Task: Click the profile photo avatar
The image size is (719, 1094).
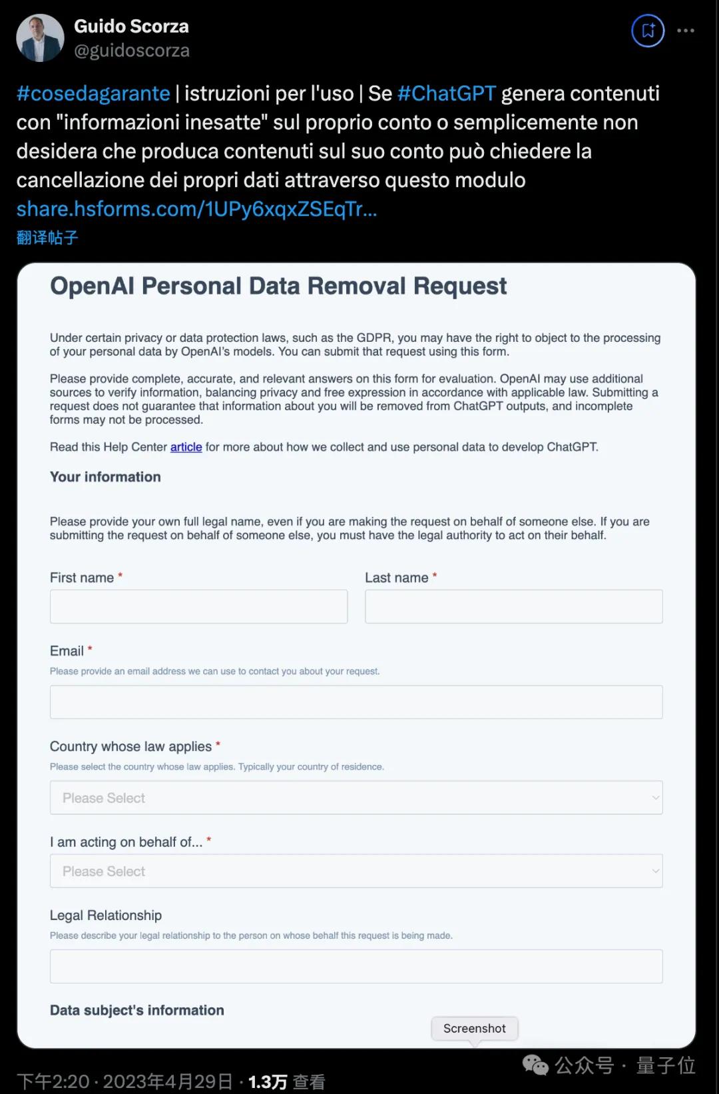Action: click(40, 39)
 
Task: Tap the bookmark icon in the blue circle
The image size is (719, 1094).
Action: click(648, 31)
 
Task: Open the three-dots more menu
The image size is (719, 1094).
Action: click(686, 31)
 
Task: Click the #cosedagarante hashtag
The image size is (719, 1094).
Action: click(93, 93)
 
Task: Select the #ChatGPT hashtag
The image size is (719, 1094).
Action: click(447, 93)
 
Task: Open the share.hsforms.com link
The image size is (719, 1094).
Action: click(196, 209)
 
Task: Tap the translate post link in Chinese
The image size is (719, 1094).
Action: click(47, 238)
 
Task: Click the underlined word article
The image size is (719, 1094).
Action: click(186, 447)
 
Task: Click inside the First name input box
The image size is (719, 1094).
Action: click(198, 606)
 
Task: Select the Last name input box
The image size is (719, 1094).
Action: click(513, 606)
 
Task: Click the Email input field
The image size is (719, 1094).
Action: click(356, 702)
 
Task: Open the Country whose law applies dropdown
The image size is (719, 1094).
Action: click(356, 798)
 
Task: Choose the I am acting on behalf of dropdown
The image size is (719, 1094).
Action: click(356, 871)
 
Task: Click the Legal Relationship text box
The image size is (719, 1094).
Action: click(356, 966)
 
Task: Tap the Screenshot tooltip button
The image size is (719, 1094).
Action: click(474, 1029)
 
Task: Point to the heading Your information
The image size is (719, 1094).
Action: click(105, 477)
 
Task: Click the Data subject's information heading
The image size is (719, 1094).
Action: click(137, 1010)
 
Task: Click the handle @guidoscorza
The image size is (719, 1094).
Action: click(132, 51)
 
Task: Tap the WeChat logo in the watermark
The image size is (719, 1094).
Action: click(535, 1065)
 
